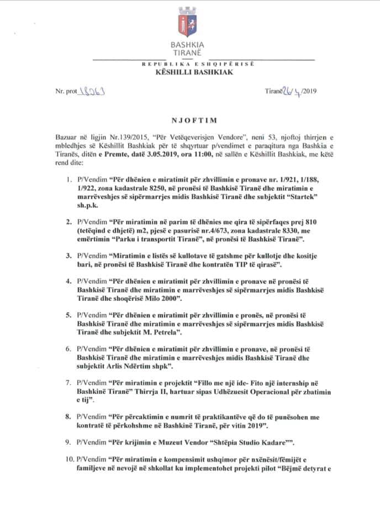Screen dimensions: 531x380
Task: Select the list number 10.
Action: pos(67,458)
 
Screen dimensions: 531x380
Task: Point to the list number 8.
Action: pos(69,417)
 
